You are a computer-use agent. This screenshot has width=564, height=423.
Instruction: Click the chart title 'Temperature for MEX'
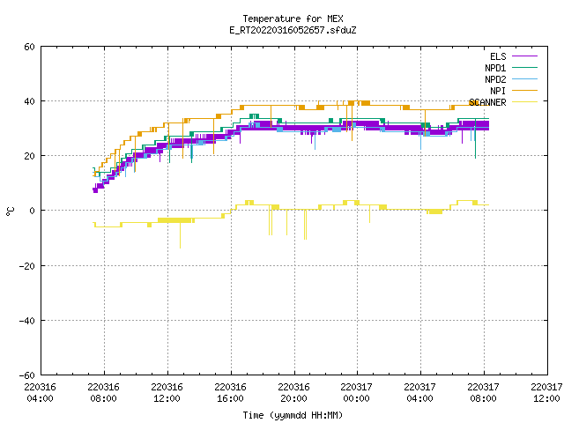point(293,19)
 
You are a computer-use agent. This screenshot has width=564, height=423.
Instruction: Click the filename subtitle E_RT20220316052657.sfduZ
point(293,30)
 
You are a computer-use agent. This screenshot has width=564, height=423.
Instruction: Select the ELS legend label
point(498,56)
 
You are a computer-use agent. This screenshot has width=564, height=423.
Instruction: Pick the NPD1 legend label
point(495,68)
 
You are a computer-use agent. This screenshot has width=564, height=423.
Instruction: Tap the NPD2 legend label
point(495,79)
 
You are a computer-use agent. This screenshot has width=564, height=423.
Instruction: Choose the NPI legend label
point(498,91)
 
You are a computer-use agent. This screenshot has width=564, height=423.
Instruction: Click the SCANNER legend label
point(487,102)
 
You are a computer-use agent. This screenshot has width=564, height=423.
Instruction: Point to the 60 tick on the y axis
point(29,47)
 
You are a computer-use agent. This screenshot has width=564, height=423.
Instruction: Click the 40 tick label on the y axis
point(29,101)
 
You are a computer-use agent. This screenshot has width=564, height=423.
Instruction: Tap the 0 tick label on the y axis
point(33,211)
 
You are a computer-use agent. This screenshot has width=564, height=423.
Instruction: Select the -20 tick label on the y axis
point(27,266)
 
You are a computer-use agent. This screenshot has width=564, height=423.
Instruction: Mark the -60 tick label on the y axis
point(27,375)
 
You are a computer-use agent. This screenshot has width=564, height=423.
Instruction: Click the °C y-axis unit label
point(10,211)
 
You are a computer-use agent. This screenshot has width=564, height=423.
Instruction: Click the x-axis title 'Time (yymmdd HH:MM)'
point(293,415)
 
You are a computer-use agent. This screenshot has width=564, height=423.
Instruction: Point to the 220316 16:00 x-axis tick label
point(230,393)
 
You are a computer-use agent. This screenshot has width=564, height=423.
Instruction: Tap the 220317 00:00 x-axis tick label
point(356,393)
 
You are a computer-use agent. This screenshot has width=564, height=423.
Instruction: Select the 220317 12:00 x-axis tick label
point(546,393)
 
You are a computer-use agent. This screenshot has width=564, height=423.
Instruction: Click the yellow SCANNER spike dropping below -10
point(180,235)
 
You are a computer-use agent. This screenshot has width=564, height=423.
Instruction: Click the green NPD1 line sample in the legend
point(525,67)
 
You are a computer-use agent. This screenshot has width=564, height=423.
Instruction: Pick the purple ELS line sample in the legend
point(525,56)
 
